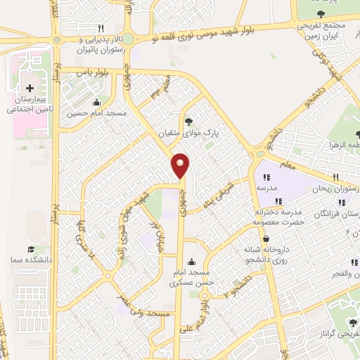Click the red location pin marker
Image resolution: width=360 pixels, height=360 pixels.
181,165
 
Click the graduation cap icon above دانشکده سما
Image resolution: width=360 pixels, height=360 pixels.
30,249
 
